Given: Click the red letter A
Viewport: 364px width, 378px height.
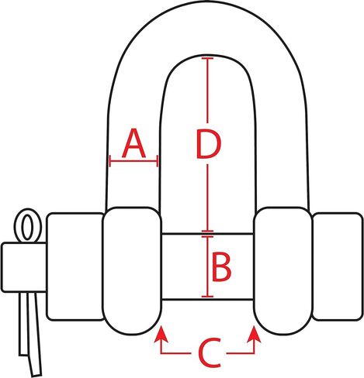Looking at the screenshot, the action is point(133,143).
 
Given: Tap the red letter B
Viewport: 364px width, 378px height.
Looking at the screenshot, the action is point(221,267).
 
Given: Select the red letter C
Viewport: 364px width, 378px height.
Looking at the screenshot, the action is point(210,352).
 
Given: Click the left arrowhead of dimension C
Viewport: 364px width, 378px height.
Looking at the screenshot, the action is point(161,334).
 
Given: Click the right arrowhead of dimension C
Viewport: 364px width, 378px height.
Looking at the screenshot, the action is point(254,334).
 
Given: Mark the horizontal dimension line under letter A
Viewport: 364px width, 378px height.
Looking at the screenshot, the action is point(133,161).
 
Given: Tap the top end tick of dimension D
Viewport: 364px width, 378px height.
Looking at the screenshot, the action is point(207,58).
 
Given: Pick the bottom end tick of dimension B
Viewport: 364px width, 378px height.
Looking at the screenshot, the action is point(207,297).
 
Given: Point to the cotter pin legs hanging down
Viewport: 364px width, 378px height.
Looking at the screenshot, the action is point(30,333).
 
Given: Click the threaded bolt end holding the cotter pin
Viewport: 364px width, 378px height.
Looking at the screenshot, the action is point(24,267).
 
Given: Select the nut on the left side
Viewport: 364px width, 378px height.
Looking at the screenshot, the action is point(75,266).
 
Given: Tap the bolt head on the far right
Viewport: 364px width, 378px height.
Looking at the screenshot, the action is point(337,266).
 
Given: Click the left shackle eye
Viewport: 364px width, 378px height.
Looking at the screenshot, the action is point(132,270).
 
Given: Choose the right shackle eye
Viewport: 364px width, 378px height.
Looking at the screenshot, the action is point(283,270).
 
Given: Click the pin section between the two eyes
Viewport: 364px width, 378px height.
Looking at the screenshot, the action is point(207,266).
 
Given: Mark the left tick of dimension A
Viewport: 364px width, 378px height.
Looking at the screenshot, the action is point(110,161).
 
